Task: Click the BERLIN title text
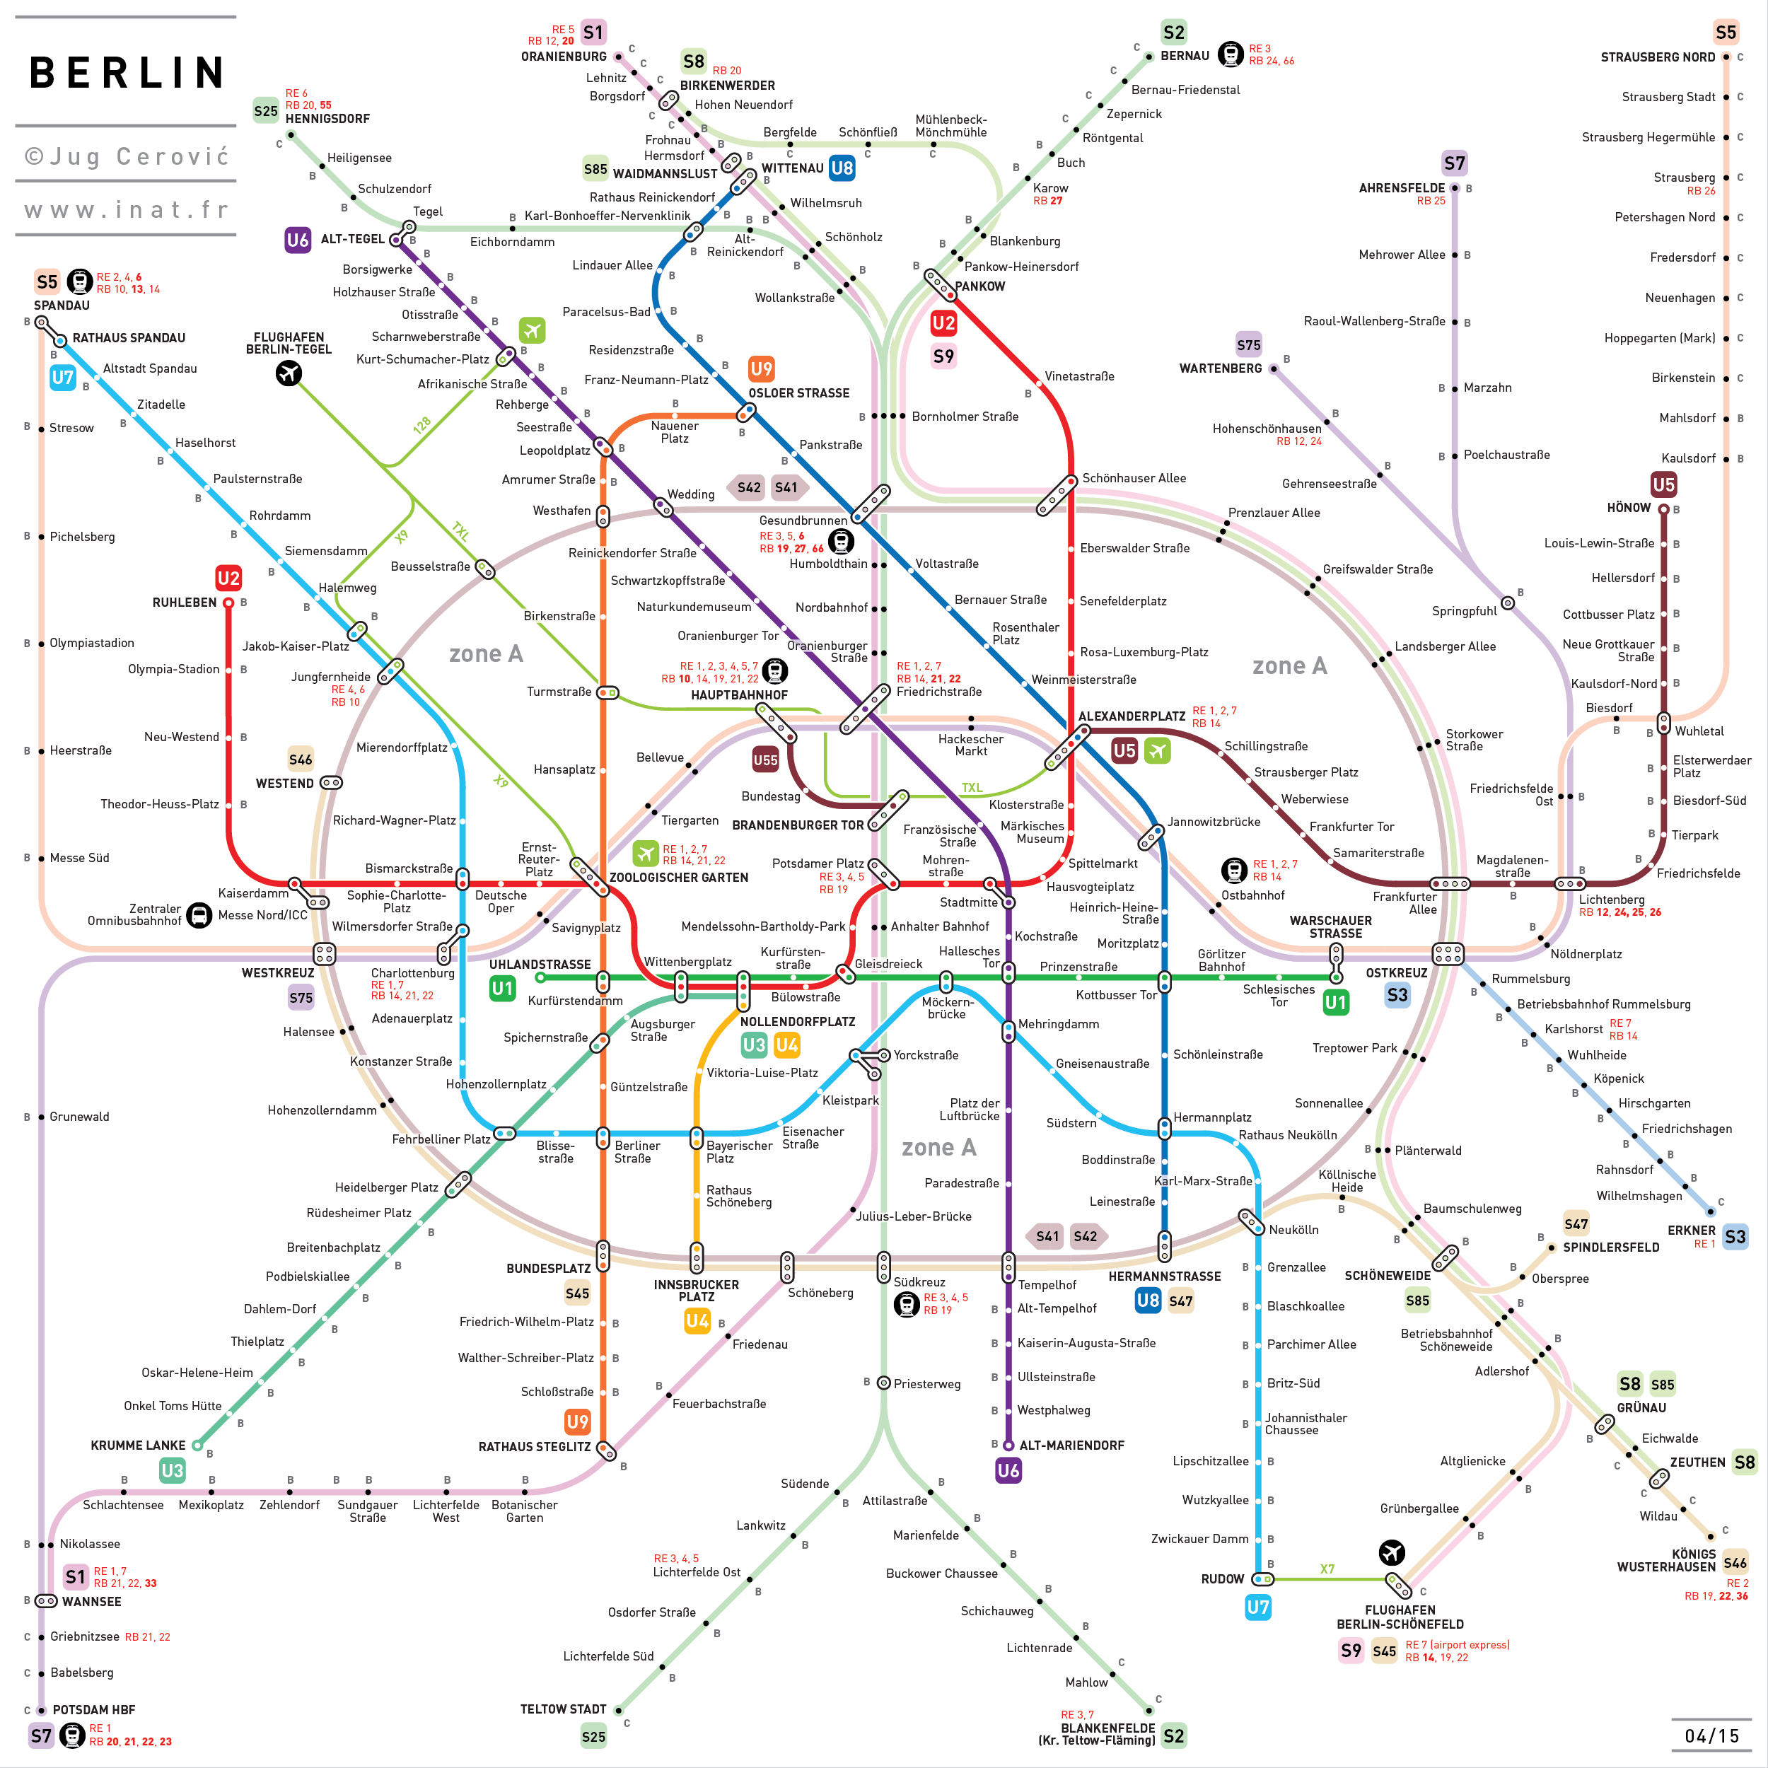click(127, 72)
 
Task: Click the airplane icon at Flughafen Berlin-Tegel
click(289, 373)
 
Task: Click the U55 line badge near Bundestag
click(765, 760)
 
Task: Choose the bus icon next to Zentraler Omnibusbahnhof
click(199, 915)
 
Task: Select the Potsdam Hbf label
click(93, 1709)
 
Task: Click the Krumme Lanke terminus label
click(137, 1445)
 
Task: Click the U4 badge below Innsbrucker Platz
click(697, 1320)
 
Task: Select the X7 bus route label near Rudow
click(1327, 1569)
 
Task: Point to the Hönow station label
click(1629, 508)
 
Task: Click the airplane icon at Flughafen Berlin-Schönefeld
click(1392, 1552)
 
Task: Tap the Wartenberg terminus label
click(1220, 368)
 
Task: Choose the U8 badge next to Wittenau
click(841, 168)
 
